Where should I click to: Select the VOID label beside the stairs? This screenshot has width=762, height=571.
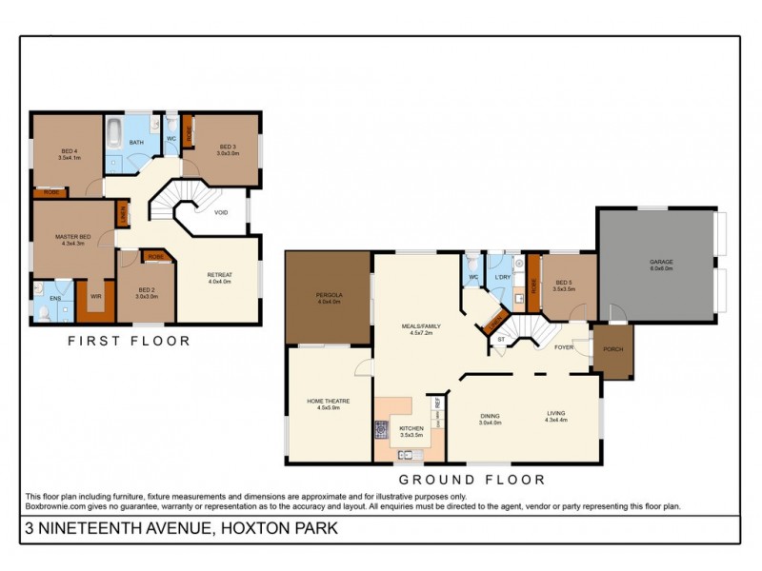click(220, 212)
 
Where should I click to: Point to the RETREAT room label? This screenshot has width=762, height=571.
click(220, 277)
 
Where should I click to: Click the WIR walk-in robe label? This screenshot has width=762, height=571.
click(95, 296)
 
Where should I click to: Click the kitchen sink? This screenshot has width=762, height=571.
click(404, 454)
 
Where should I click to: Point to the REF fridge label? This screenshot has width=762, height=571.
click(437, 404)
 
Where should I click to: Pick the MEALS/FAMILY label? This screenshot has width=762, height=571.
click(416, 329)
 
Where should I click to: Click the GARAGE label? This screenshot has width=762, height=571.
click(661, 266)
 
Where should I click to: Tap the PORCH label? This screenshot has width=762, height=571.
click(612, 349)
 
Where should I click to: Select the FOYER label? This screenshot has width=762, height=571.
click(564, 346)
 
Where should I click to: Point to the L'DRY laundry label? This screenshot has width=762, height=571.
click(504, 277)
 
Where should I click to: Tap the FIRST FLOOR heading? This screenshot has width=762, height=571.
click(130, 340)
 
